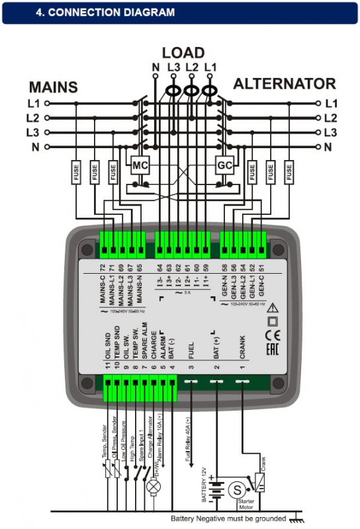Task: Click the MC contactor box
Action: pyautogui.click(x=139, y=165)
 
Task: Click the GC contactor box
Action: pyautogui.click(x=224, y=165)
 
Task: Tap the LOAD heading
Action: pyautogui.click(x=183, y=53)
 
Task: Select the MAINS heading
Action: pyautogui.click(x=53, y=87)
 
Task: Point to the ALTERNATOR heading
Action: pyautogui.click(x=285, y=84)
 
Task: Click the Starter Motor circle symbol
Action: pyautogui.click(x=236, y=490)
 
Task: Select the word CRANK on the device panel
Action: pyautogui.click(x=242, y=348)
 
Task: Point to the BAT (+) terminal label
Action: pyautogui.click(x=217, y=346)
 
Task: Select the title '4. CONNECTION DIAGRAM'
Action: pyautogui.click(x=105, y=13)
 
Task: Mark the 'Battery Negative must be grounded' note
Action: pyautogui.click(x=228, y=519)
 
